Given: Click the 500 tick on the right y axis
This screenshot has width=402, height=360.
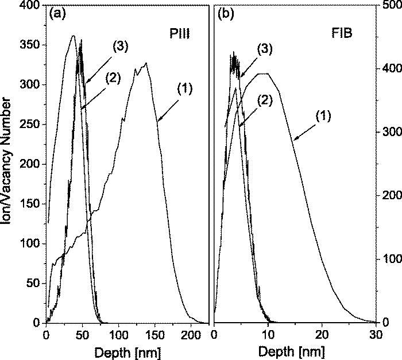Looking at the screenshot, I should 391,5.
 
